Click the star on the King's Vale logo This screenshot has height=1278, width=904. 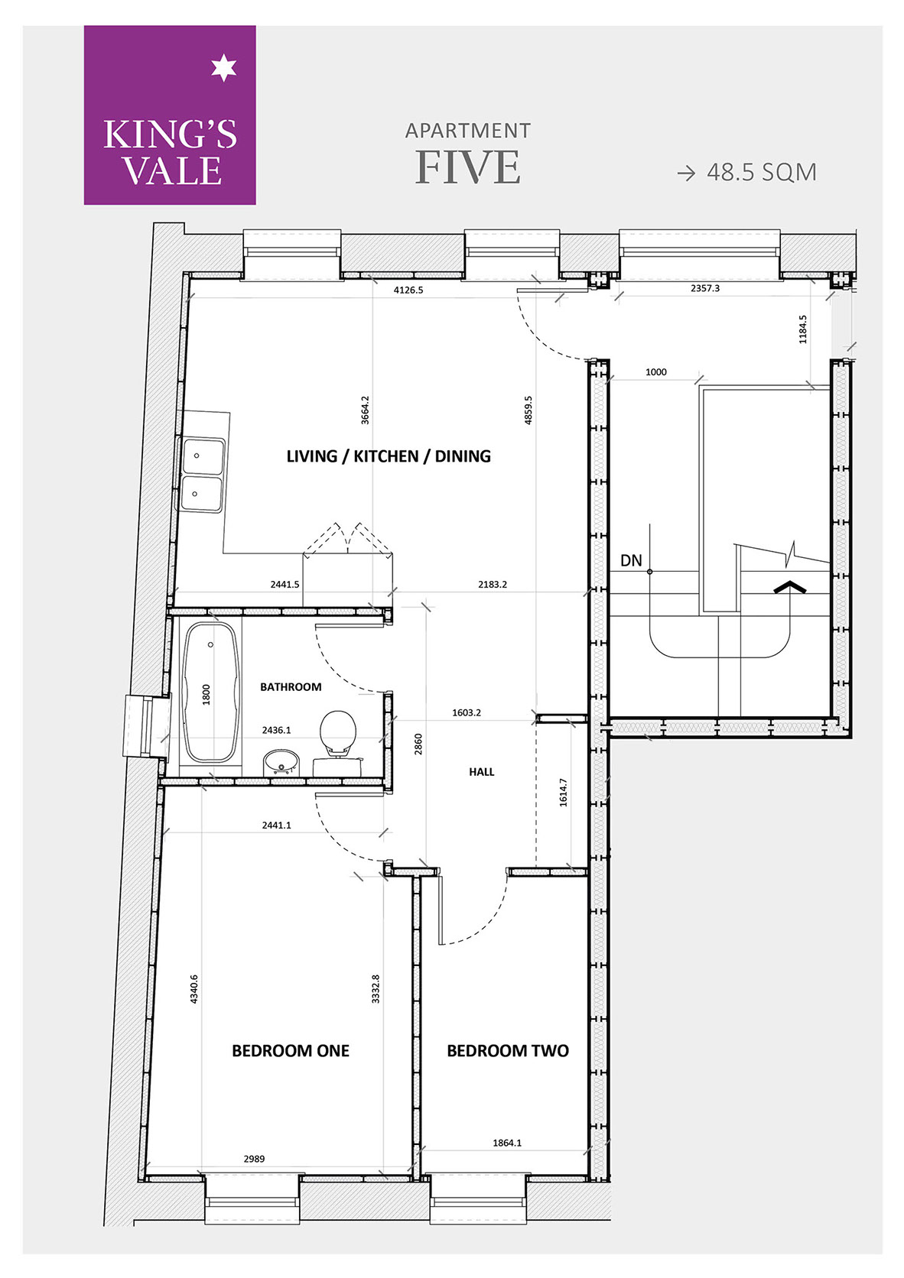point(223,69)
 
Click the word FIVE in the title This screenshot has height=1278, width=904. point(467,167)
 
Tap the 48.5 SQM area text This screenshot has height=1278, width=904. point(761,172)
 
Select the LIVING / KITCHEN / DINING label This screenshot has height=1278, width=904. point(389,456)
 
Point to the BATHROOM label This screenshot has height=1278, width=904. point(291,687)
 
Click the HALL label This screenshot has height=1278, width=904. point(482,772)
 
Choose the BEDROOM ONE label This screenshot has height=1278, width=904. point(291,1051)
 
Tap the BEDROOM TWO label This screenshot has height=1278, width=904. point(508,1051)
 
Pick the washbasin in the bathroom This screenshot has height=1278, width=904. point(281,763)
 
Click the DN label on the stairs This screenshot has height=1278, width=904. point(631,561)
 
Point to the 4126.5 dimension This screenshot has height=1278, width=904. point(408,290)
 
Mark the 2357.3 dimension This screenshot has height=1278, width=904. point(705,289)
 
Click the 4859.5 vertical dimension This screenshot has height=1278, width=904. point(528,410)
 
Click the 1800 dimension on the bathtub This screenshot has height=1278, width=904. point(206,694)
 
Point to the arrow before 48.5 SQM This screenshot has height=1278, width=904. point(687,173)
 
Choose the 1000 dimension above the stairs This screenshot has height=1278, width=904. point(656,372)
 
